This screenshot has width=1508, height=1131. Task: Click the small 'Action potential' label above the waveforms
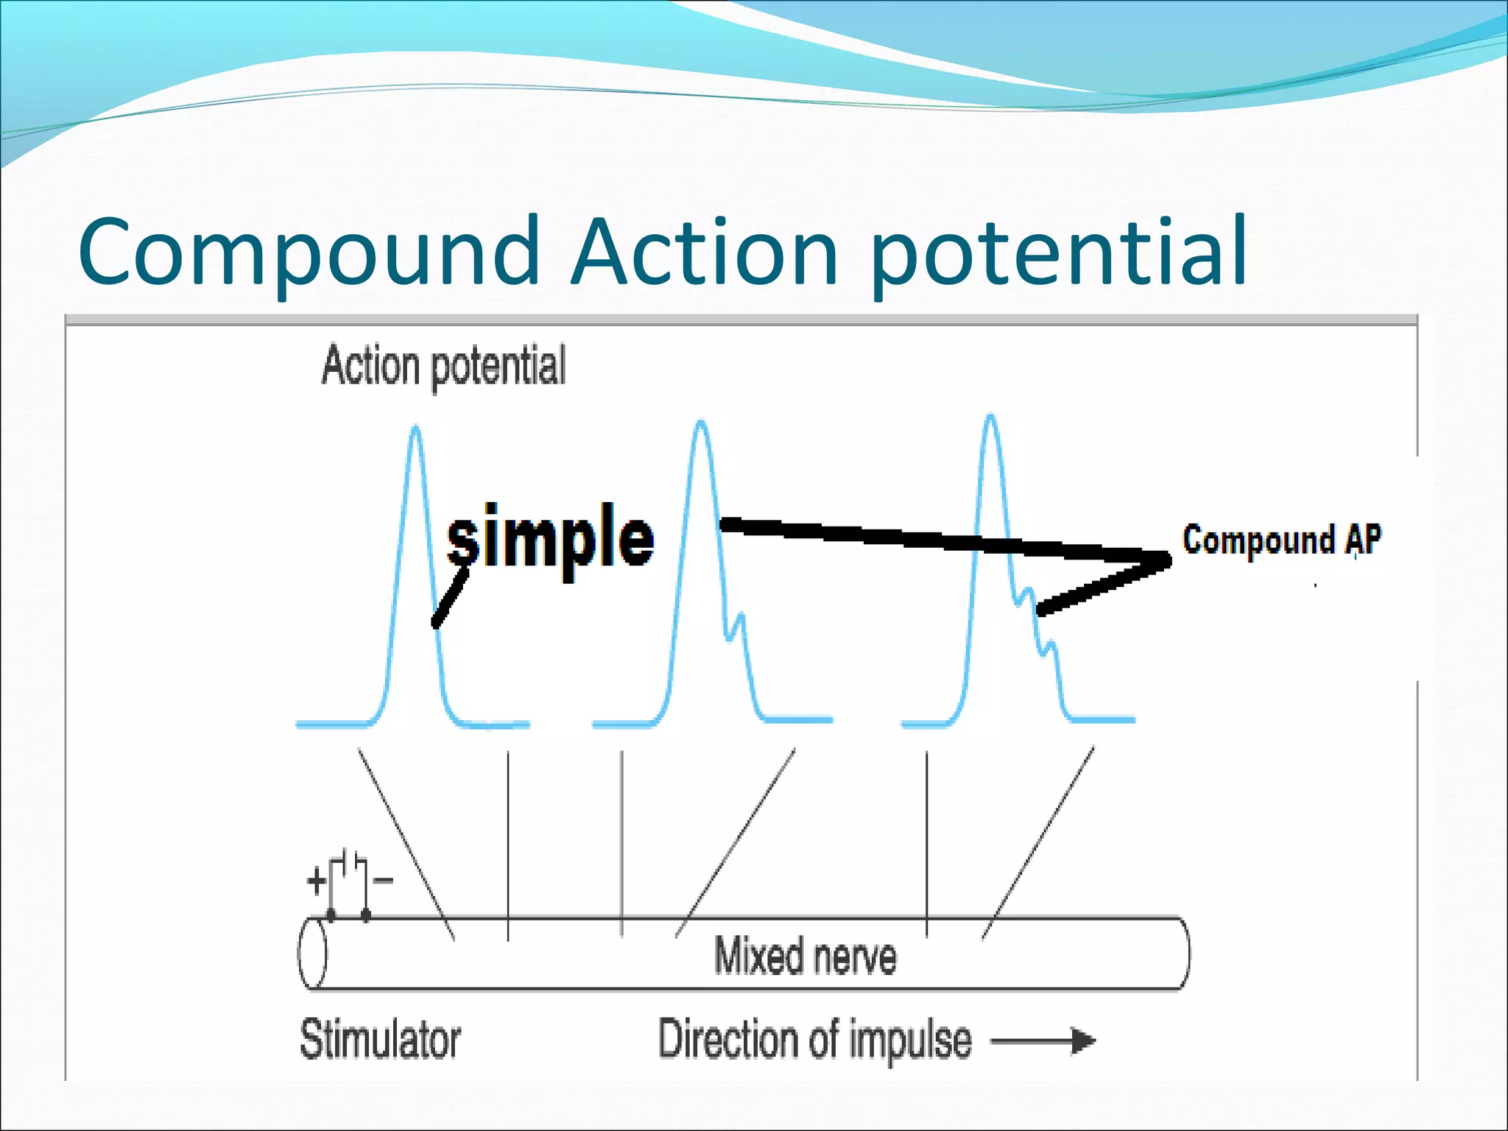coord(443,365)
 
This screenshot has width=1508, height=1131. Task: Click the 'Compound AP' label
coord(1281,540)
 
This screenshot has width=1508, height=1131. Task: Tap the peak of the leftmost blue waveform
coord(416,428)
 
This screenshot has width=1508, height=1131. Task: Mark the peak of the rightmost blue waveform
coord(990,417)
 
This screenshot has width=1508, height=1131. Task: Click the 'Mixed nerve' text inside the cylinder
coord(806,956)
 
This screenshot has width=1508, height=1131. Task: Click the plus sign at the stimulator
coord(316,881)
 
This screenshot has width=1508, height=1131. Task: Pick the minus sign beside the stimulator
coord(384,880)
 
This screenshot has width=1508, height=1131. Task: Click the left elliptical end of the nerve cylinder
coord(312,953)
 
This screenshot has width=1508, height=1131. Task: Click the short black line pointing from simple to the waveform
coord(450,598)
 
